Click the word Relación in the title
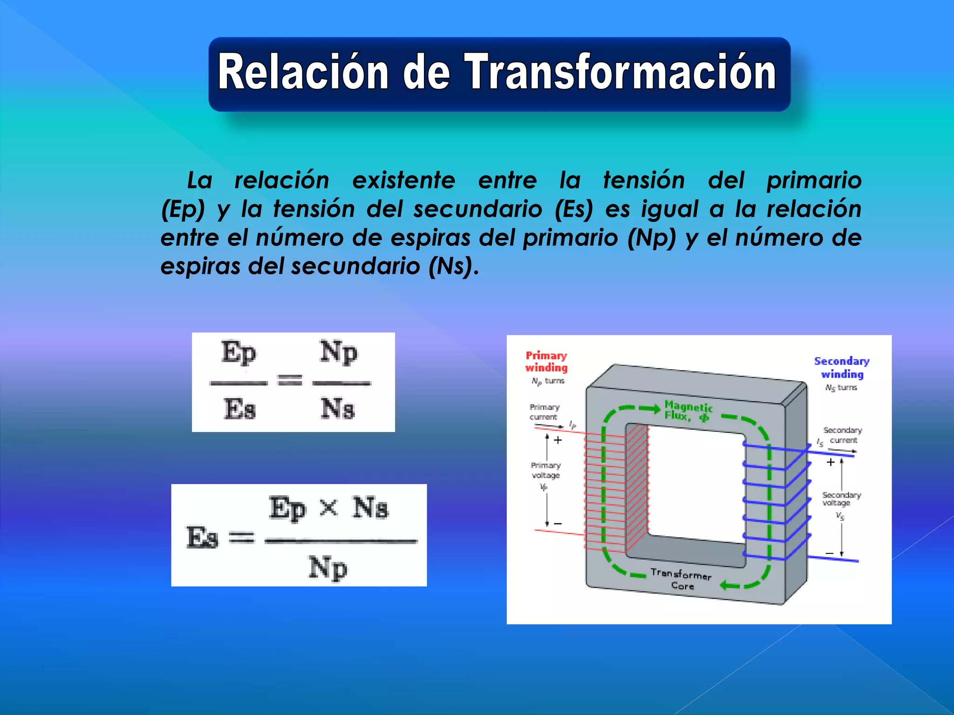303,72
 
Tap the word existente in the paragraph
403,181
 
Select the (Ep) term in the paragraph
183,209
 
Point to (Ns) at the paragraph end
450,267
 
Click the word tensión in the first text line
644,181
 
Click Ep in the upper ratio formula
238,353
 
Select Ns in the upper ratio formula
338,409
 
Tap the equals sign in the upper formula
290,380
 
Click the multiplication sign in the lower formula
329,507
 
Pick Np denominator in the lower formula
328,568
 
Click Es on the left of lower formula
202,538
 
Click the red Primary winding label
546,362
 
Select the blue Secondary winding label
842,368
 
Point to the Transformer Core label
681,579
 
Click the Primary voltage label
545,470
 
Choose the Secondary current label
842,435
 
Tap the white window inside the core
694,484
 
